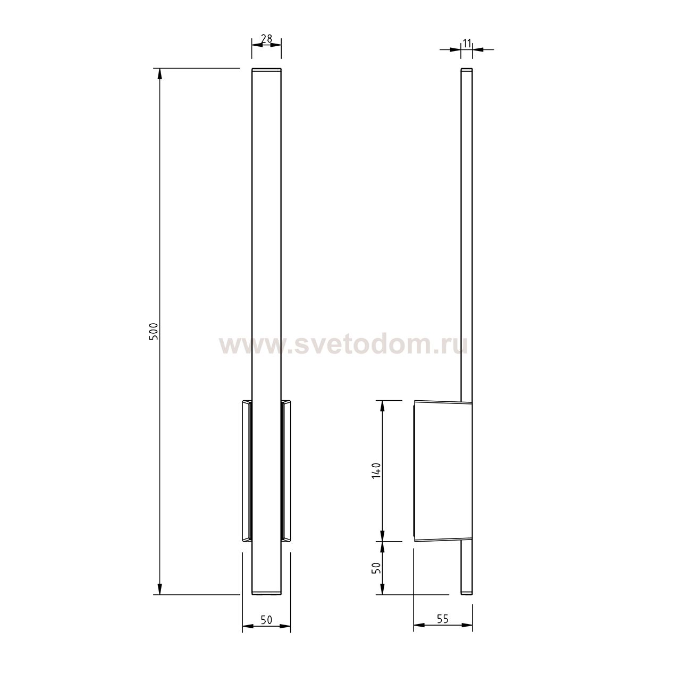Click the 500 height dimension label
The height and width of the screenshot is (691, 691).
153,332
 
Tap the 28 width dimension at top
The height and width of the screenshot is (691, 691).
266,38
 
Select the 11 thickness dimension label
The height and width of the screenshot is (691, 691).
467,44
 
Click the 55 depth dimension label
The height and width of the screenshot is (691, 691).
443,619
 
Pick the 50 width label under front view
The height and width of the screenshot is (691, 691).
266,620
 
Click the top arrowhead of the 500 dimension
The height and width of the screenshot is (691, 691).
160,74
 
